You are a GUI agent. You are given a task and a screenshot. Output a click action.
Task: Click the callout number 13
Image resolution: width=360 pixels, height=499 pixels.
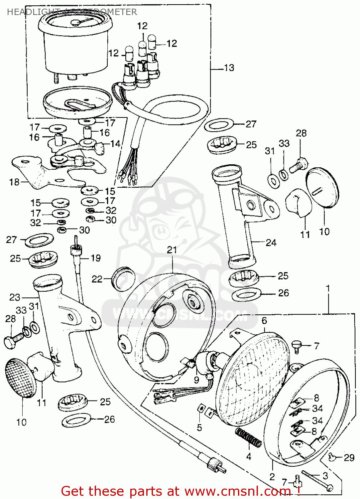[x=229, y=68]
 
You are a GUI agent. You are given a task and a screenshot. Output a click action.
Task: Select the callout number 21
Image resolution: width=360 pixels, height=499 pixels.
[x=172, y=250]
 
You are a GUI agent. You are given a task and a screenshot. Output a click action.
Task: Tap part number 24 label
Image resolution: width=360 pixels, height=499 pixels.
[x=271, y=243]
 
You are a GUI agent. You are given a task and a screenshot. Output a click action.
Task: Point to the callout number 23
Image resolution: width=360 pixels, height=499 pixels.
[x=15, y=297]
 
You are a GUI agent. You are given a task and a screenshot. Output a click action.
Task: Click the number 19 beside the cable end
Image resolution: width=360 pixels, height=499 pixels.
[x=95, y=258]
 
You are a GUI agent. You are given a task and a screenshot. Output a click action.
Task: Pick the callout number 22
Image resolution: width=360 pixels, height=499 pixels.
[x=97, y=279]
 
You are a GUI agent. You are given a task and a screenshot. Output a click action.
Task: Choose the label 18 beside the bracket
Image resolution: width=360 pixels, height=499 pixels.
[x=15, y=182]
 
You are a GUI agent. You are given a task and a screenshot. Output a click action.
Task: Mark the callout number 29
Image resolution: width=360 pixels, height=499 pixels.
[x=349, y=458]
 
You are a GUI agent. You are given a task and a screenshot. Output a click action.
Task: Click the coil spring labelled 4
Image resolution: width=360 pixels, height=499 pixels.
[x=248, y=438]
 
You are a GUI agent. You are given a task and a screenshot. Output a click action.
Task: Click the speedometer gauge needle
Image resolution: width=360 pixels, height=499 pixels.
[x=82, y=22]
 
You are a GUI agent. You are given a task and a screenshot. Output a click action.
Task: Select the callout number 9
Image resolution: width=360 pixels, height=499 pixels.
[x=196, y=380]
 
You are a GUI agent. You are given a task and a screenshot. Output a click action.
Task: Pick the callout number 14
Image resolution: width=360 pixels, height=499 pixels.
[x=115, y=144]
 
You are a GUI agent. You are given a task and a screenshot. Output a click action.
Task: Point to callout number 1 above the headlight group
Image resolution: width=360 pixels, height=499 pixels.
[x=328, y=288]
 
